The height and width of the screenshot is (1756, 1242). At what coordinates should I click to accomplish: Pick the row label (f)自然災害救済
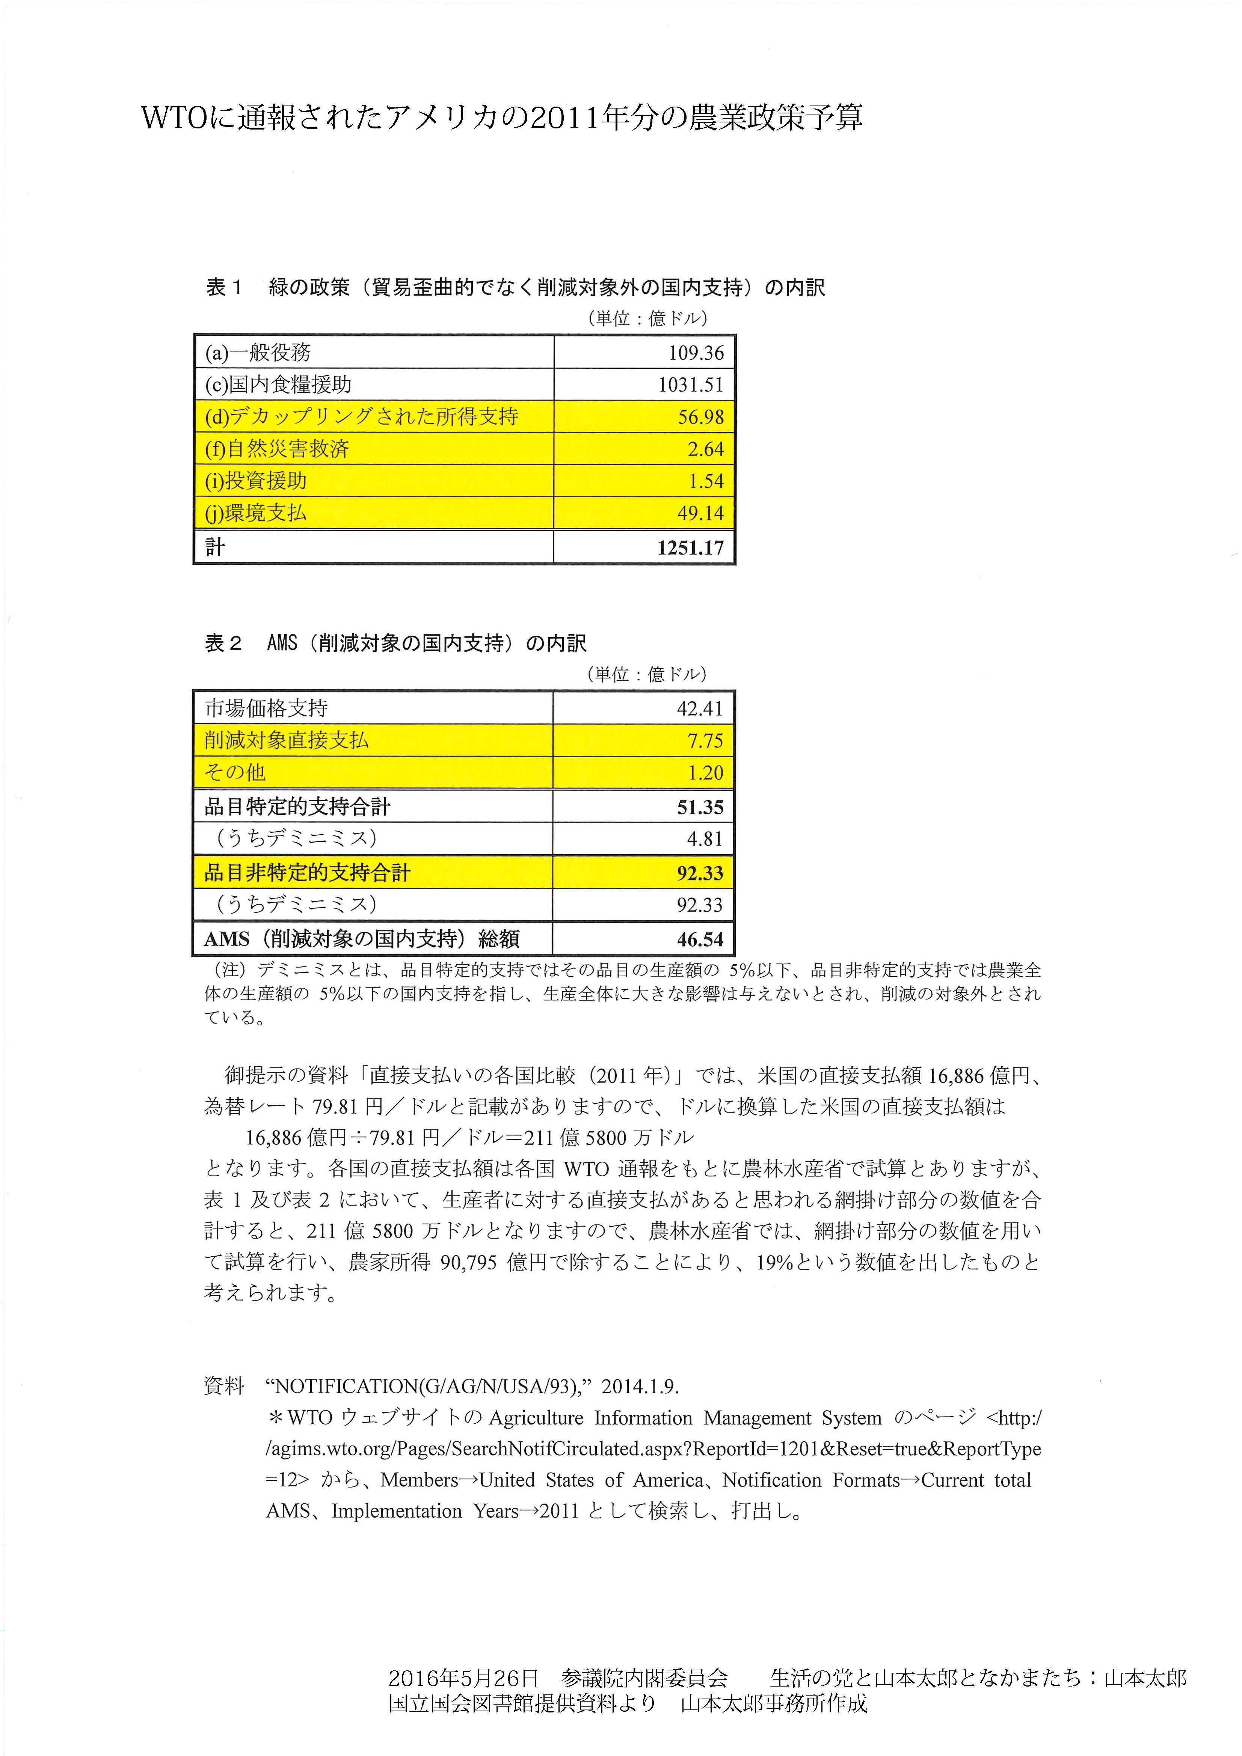pyautogui.click(x=277, y=449)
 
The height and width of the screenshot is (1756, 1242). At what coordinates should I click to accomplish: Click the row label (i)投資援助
pyautogui.click(x=256, y=481)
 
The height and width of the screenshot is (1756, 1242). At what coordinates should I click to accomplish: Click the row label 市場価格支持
pyautogui.click(x=266, y=708)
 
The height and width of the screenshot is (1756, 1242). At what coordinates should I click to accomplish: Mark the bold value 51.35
pyautogui.click(x=699, y=807)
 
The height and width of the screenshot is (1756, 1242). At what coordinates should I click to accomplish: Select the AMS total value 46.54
pyautogui.click(x=699, y=939)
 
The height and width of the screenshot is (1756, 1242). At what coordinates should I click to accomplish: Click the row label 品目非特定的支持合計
pyautogui.click(x=308, y=873)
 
